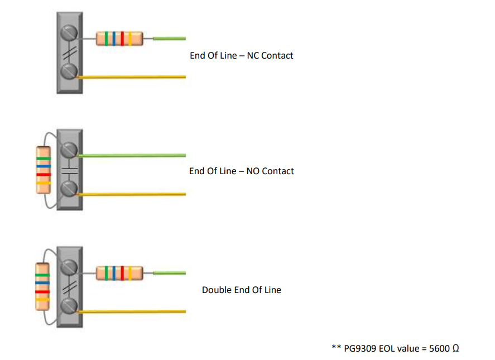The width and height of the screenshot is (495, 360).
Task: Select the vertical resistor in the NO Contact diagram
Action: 43,170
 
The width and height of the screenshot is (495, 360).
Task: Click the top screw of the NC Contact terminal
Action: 70,30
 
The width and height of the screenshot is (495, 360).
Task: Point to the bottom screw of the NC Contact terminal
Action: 70,71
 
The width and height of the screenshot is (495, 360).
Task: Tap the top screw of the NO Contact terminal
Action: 70,149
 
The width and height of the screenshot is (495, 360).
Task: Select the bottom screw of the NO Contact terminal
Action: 70,190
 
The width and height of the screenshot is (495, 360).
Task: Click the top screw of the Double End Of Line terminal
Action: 70,266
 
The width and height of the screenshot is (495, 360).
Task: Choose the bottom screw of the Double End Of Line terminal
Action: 70,306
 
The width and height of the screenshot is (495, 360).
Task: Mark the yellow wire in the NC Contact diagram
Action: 134,76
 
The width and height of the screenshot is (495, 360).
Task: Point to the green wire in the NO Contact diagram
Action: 134,155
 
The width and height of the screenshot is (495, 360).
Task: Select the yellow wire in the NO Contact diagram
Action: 134,194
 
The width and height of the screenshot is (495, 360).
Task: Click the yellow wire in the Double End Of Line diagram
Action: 134,311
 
